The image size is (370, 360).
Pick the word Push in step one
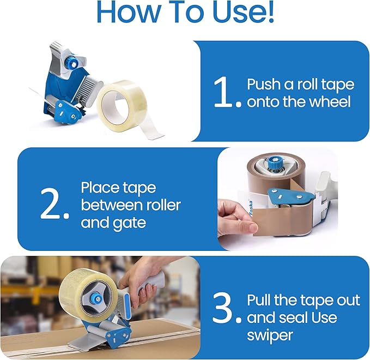pos(263,85)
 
